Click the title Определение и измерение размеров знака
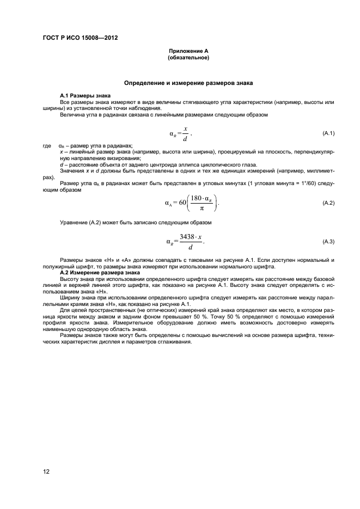coord(188,83)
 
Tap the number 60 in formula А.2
coord(182,203)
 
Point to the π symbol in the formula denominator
coord(202,208)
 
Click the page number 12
coord(46,471)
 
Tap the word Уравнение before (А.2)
coord(73,223)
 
